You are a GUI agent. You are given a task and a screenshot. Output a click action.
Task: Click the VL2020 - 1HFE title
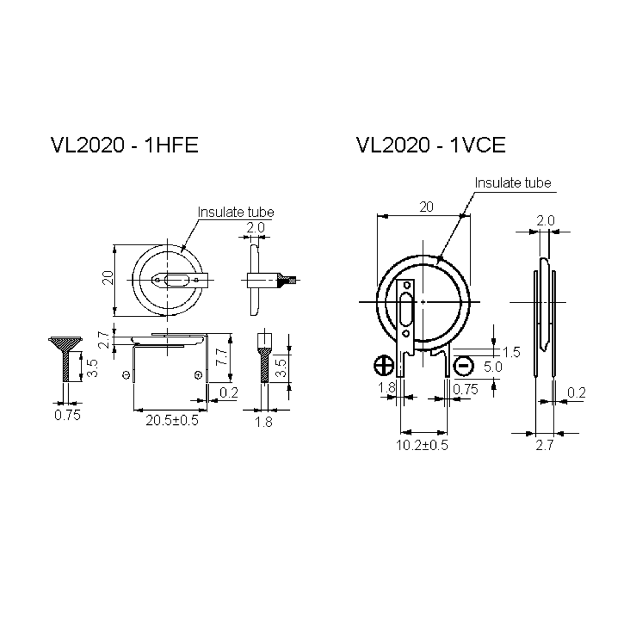pos(124,145)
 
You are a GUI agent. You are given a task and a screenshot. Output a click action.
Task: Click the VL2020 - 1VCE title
pos(430,145)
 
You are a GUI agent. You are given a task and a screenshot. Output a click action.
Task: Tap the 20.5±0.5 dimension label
pos(172,420)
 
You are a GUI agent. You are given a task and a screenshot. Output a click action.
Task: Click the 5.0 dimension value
pos(492,367)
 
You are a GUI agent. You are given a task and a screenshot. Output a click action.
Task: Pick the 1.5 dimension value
pos(511,352)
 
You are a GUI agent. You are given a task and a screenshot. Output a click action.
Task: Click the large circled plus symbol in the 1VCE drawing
pos(384,365)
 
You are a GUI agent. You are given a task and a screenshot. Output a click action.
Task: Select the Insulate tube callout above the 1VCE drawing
pos(513,183)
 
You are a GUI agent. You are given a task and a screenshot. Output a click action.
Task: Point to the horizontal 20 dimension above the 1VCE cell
pos(426,207)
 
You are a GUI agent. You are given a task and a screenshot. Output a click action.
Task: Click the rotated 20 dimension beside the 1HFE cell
pos(108,278)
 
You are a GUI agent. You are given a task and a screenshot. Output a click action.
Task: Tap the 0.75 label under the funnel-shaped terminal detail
pos(67,415)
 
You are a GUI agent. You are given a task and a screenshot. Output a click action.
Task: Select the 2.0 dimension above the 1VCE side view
pos(545,221)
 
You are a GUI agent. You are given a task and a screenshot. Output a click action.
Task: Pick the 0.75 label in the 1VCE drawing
pos(465,389)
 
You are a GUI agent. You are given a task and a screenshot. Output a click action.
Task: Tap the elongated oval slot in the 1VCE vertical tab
pos(406,309)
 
